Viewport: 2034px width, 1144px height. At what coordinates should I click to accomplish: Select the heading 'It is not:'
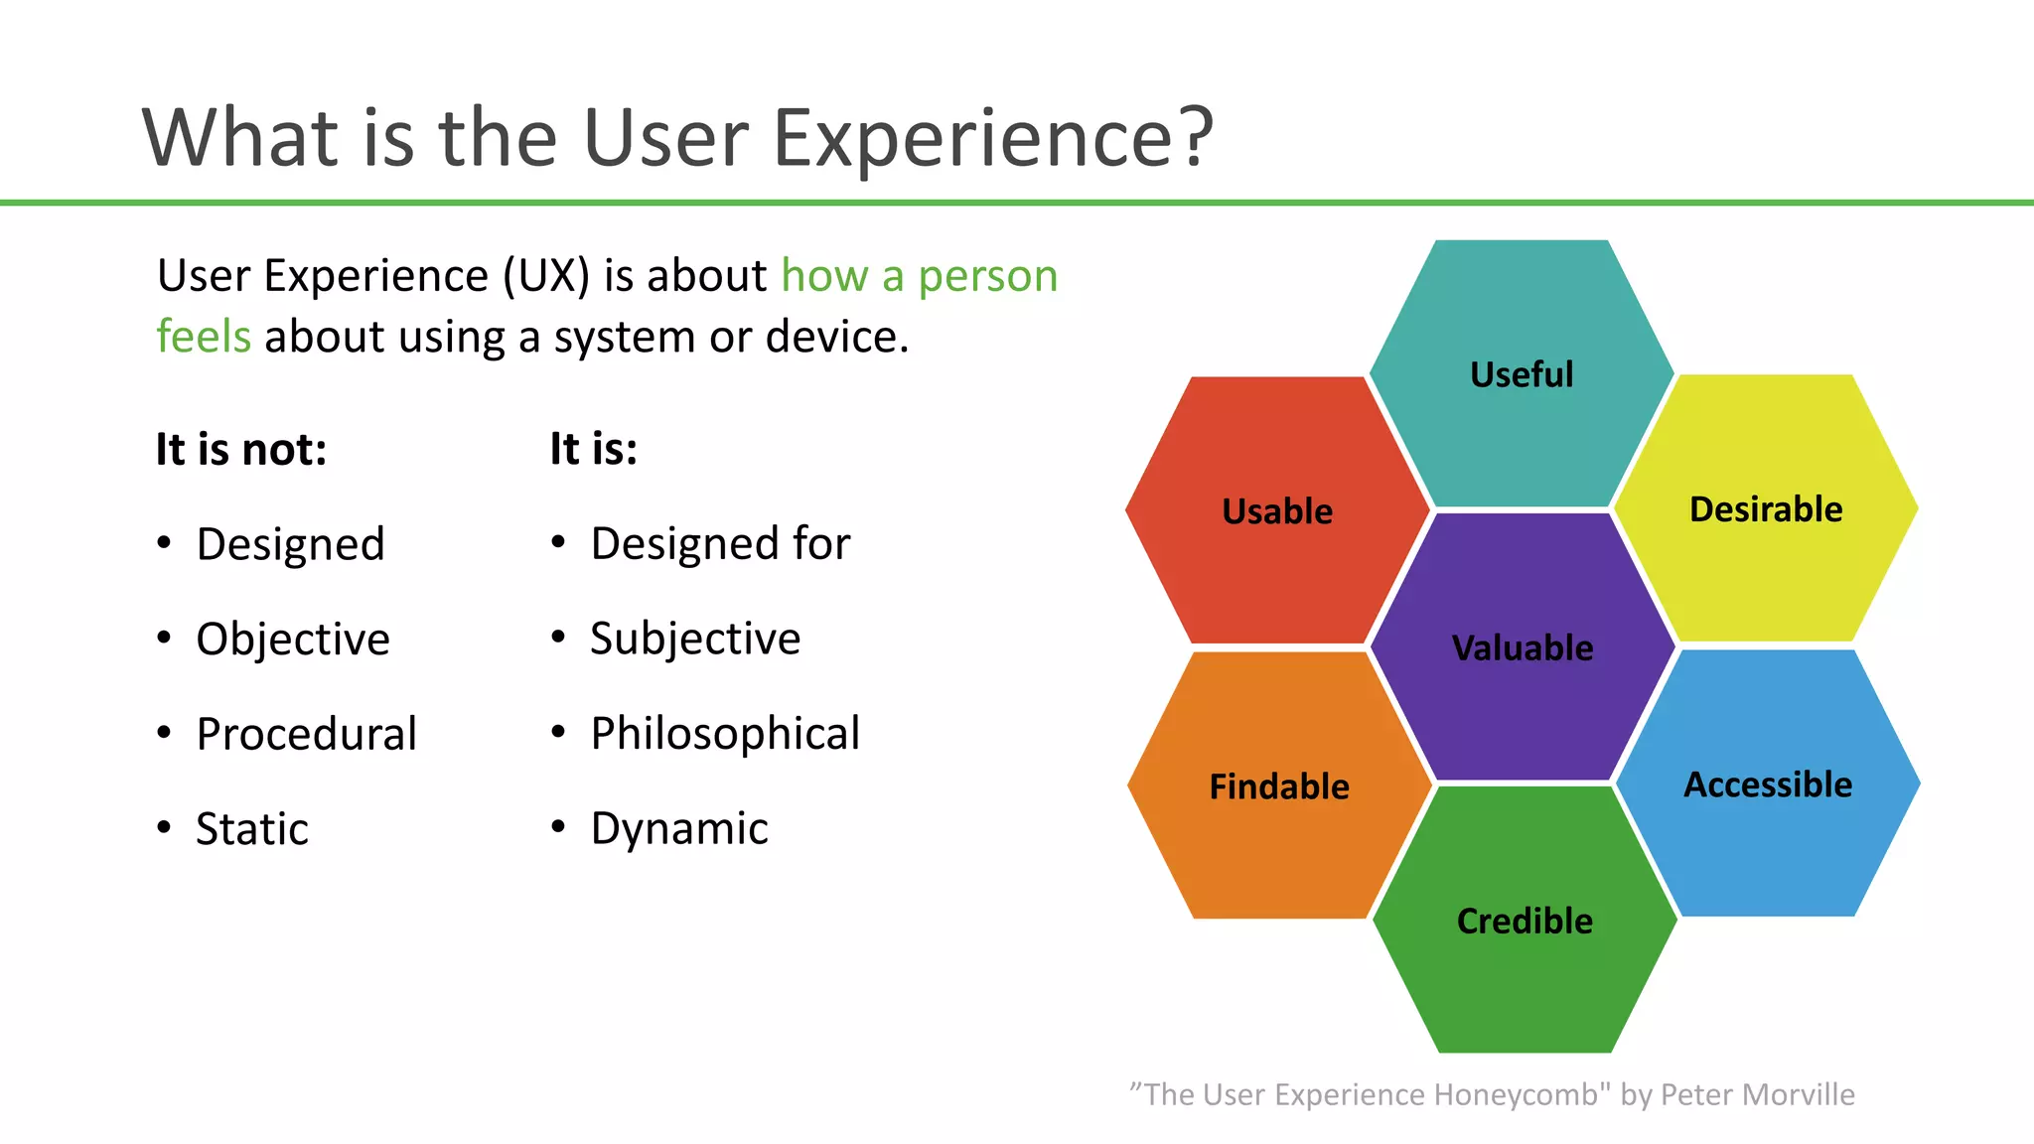tap(241, 450)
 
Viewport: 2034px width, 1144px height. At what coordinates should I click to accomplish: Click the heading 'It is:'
tap(594, 449)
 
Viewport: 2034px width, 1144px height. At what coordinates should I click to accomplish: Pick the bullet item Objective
tap(293, 639)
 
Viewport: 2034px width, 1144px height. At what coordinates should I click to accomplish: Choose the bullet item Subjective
tap(695, 638)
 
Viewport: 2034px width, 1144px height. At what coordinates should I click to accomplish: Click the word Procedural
tap(306, 734)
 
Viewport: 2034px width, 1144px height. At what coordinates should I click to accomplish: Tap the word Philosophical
tap(725, 734)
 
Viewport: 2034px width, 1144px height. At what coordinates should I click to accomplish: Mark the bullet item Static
tap(252, 828)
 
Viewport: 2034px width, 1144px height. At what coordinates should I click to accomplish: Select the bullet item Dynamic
tap(679, 828)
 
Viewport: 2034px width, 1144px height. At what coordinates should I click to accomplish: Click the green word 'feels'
tap(204, 336)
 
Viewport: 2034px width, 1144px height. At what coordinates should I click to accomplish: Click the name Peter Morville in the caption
tap(1757, 1094)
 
